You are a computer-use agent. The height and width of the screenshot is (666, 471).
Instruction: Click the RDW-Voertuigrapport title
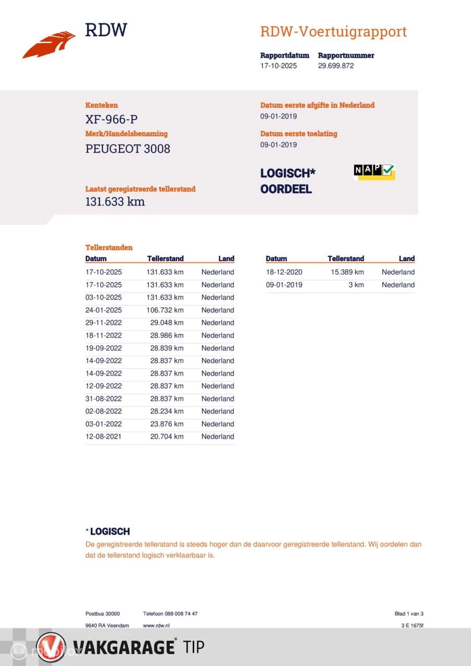click(333, 32)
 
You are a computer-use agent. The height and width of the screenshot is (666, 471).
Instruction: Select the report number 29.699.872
click(336, 66)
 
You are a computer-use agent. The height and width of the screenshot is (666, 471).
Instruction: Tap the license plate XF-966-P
click(111, 120)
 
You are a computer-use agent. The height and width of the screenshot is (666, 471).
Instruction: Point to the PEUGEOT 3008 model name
click(128, 149)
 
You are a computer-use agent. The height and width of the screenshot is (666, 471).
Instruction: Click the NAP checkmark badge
click(374, 171)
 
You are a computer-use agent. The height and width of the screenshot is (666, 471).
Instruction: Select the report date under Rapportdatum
click(278, 66)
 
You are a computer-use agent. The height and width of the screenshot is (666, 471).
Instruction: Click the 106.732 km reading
click(165, 310)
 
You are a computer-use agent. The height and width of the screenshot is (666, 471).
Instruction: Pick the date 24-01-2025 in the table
click(103, 310)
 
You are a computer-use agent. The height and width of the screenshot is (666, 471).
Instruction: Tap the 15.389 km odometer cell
click(347, 272)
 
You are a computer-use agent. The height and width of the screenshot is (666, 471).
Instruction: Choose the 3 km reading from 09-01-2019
click(357, 285)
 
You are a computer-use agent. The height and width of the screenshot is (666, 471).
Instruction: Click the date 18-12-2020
click(283, 272)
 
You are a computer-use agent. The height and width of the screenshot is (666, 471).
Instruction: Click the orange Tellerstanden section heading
click(109, 248)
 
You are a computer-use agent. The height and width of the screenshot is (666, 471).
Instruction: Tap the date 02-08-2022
click(103, 411)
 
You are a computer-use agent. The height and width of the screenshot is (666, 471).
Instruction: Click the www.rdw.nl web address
click(156, 625)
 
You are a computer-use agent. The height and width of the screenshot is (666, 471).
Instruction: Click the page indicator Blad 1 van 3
click(408, 613)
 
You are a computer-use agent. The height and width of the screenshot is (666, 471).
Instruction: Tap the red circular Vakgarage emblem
click(51, 647)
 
